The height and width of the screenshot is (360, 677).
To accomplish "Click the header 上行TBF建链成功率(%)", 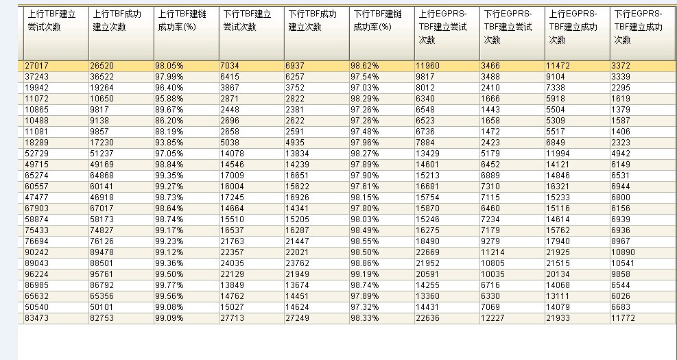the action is [x=177, y=21].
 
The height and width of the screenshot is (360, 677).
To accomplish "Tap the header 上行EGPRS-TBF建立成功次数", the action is [x=573, y=27].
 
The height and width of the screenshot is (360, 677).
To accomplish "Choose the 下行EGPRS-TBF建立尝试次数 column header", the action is [x=508, y=27].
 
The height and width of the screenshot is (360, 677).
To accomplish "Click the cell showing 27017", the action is [x=37, y=66].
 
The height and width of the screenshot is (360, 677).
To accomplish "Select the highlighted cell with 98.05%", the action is [x=169, y=66].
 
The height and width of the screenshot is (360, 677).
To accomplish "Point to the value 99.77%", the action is [x=169, y=285].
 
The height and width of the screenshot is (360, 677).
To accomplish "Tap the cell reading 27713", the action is [x=232, y=318].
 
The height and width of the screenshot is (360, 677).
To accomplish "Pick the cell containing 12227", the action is [x=492, y=318].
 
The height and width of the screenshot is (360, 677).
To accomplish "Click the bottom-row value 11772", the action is [x=623, y=318].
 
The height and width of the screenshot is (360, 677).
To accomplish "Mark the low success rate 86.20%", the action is [x=169, y=121].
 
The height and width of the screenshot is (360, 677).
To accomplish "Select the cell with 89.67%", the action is [x=169, y=110].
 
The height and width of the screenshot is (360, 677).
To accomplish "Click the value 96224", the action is [x=37, y=274].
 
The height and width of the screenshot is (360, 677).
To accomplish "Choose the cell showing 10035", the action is [x=492, y=274].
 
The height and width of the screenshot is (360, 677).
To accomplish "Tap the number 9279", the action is [x=490, y=241].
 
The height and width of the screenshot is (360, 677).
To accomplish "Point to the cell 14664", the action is [x=232, y=208].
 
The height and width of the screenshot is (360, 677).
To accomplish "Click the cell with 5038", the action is [x=230, y=143].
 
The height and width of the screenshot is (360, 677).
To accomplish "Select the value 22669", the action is [x=427, y=252].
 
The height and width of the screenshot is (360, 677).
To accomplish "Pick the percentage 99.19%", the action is [x=364, y=274].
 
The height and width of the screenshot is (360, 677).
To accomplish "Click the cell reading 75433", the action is [x=37, y=230].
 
